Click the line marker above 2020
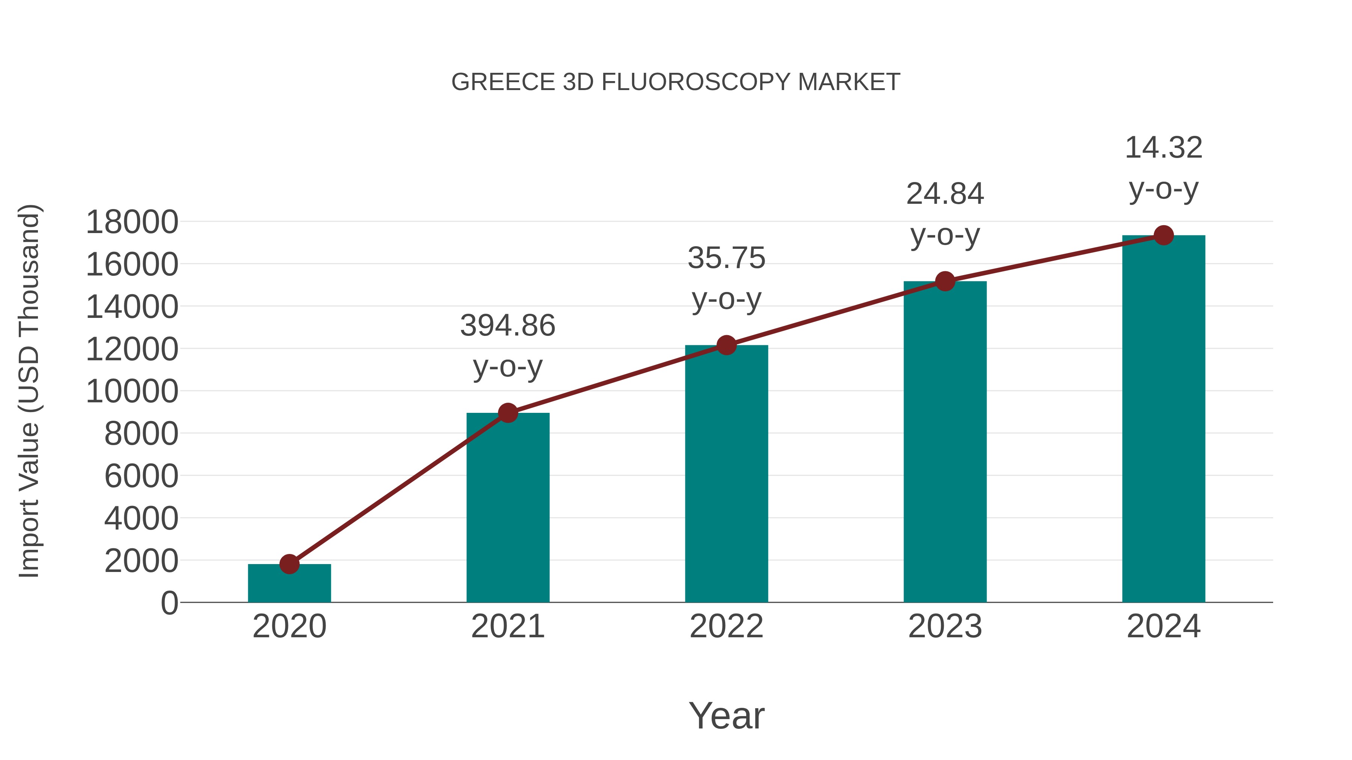tap(289, 564)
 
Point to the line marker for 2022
tap(726, 345)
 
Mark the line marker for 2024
tap(1163, 235)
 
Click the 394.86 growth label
tap(507, 326)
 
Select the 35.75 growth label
tap(726, 258)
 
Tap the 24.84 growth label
tap(945, 194)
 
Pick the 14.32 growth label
tap(1163, 148)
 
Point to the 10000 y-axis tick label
tap(132, 391)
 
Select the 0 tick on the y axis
tap(169, 603)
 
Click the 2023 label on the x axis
tap(945, 626)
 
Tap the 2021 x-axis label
tap(507, 626)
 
